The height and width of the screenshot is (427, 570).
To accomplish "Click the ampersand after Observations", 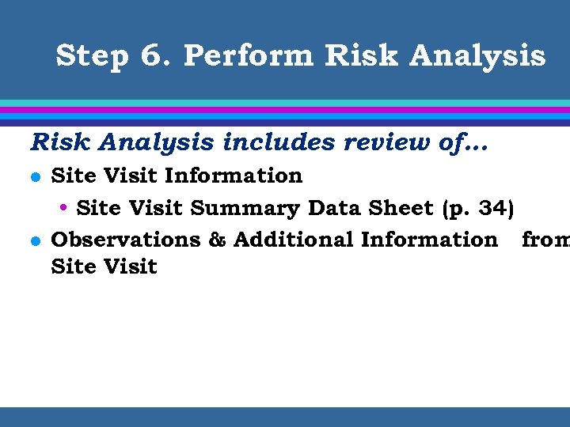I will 217,240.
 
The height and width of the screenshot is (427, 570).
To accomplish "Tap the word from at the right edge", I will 545,240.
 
